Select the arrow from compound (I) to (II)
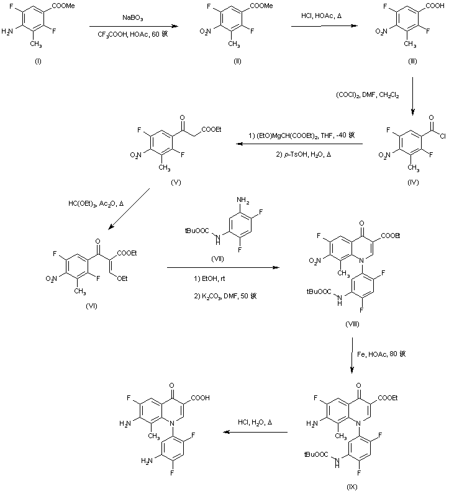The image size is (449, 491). tap(130, 27)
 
